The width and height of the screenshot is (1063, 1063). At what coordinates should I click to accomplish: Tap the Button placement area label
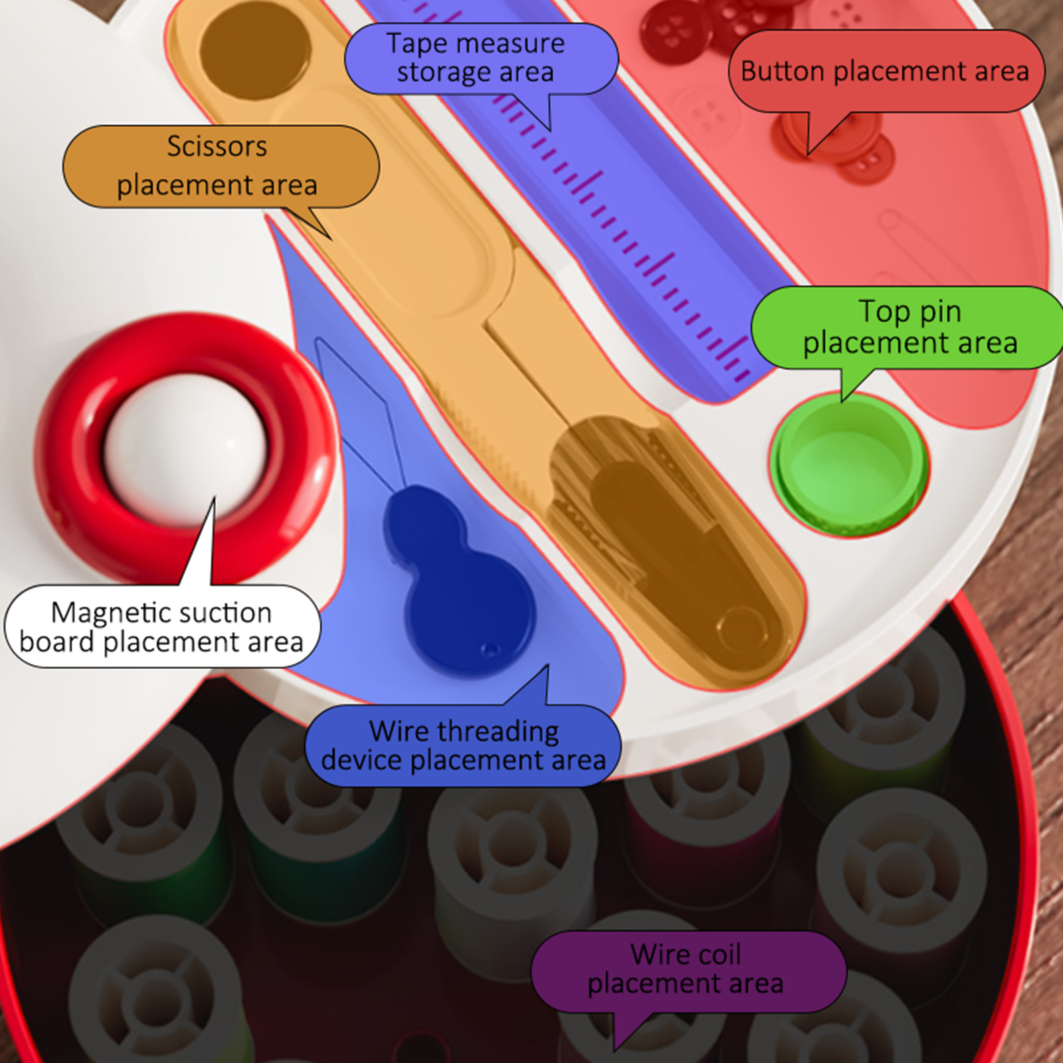click(x=885, y=71)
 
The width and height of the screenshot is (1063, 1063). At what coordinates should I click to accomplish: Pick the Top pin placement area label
click(x=910, y=327)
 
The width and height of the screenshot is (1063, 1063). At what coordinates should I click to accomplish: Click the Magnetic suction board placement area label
click(x=161, y=627)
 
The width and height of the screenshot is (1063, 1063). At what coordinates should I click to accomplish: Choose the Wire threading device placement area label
click(x=463, y=745)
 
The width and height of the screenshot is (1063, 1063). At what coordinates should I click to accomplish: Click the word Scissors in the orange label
click(x=217, y=146)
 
